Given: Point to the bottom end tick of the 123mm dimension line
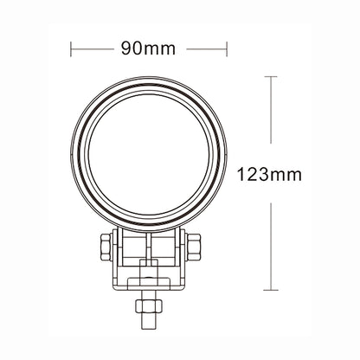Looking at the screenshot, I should pos(274,288).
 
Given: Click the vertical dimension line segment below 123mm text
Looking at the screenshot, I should pos(274,242).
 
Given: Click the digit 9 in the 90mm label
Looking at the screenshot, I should pos(125,48).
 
